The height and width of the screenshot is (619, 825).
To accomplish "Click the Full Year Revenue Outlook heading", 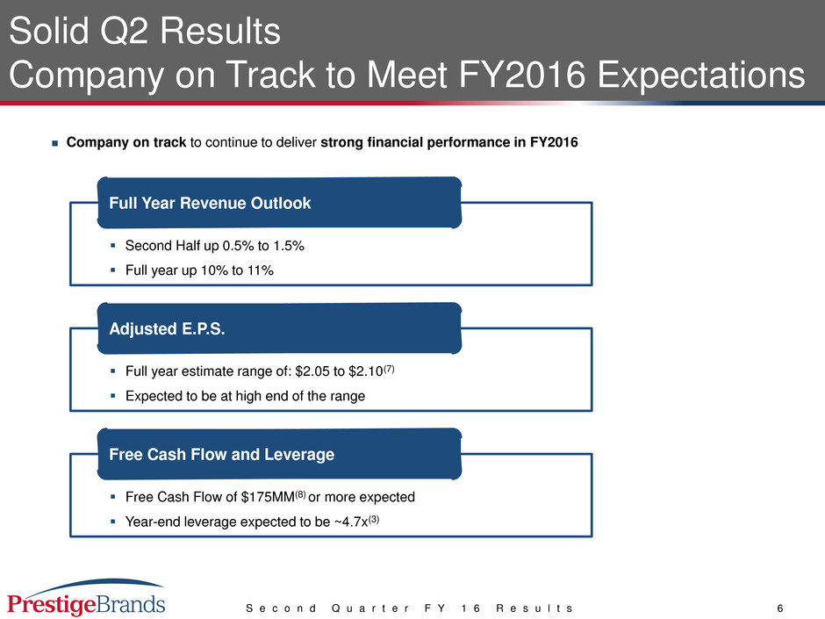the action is pyautogui.click(x=210, y=203).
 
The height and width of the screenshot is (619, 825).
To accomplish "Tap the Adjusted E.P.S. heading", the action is pyautogui.click(x=167, y=329).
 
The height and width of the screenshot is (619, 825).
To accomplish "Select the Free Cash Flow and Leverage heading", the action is pyautogui.click(x=221, y=454).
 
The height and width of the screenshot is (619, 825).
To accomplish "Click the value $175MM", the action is pyautogui.click(x=268, y=497).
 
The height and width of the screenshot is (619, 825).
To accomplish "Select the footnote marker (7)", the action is pyautogui.click(x=389, y=369).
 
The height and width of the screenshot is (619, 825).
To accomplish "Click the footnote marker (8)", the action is pyautogui.click(x=300, y=494).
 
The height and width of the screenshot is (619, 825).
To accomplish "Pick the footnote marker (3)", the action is pyautogui.click(x=374, y=519).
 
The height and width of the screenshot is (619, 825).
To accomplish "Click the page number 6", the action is pyautogui.click(x=780, y=608).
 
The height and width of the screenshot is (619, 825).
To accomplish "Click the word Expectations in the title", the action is pyautogui.click(x=701, y=75).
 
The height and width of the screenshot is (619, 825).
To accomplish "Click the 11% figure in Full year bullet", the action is pyautogui.click(x=261, y=270).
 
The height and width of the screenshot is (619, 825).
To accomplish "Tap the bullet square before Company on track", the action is pyautogui.click(x=54, y=143).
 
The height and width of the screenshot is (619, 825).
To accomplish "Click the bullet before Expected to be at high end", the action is pyautogui.click(x=112, y=396).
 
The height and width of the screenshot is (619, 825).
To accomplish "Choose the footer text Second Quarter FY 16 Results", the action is pyautogui.click(x=409, y=608).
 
